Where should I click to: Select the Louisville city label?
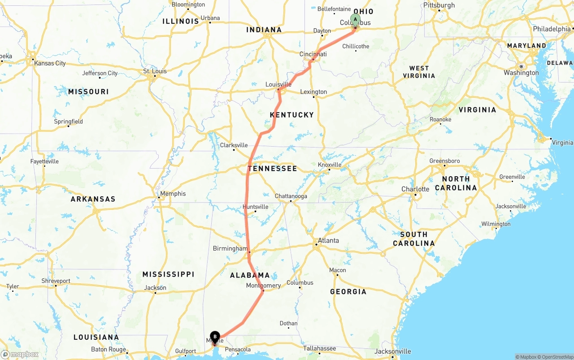pyautogui.click(x=278, y=84)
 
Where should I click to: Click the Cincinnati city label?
pyautogui.click(x=313, y=54)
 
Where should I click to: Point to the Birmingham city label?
pyautogui.click(x=230, y=248)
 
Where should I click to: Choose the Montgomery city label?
pyautogui.click(x=264, y=286)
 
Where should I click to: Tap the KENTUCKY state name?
pyautogui.click(x=291, y=115)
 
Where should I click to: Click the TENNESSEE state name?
pyautogui.click(x=272, y=169)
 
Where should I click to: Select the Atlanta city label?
pyautogui.click(x=328, y=240)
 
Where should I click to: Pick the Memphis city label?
pyautogui.click(x=173, y=194)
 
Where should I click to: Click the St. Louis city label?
pyautogui.click(x=155, y=71)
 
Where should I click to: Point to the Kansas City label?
pyautogui.click(x=50, y=63)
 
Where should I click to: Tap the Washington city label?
pyautogui.click(x=521, y=73)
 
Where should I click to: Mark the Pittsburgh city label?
pyautogui.click(x=439, y=5)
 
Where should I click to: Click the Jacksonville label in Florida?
pyautogui.click(x=392, y=351)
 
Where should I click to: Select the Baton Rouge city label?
pyautogui.click(x=109, y=349)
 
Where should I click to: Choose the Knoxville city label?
pyautogui.click(x=330, y=165)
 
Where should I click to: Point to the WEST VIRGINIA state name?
pyautogui.click(x=419, y=72)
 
